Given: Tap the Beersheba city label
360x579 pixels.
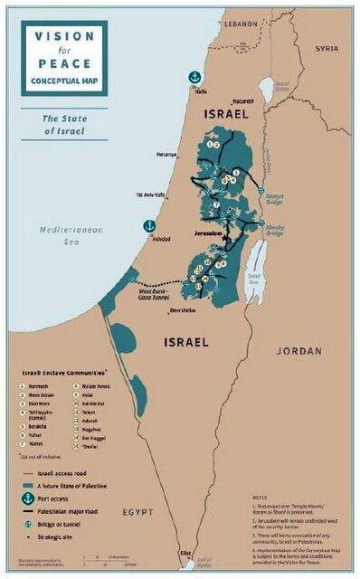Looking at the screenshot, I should pyautogui.click(x=182, y=311).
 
